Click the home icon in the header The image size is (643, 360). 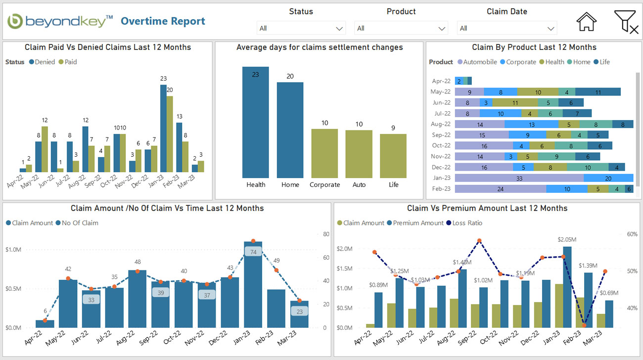586,22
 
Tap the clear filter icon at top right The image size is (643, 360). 626,22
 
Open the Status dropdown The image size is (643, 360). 301,28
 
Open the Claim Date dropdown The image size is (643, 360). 506,28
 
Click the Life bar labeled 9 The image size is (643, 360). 393,156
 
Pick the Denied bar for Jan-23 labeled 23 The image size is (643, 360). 163,129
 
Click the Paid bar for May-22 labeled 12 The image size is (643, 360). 45,148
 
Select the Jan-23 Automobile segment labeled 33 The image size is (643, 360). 519,178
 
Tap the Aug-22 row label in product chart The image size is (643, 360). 441,124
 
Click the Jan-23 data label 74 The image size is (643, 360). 253,252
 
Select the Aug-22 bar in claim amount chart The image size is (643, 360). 137,299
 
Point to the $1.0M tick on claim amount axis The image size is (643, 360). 13,250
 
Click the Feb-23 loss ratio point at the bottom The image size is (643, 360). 584,325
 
